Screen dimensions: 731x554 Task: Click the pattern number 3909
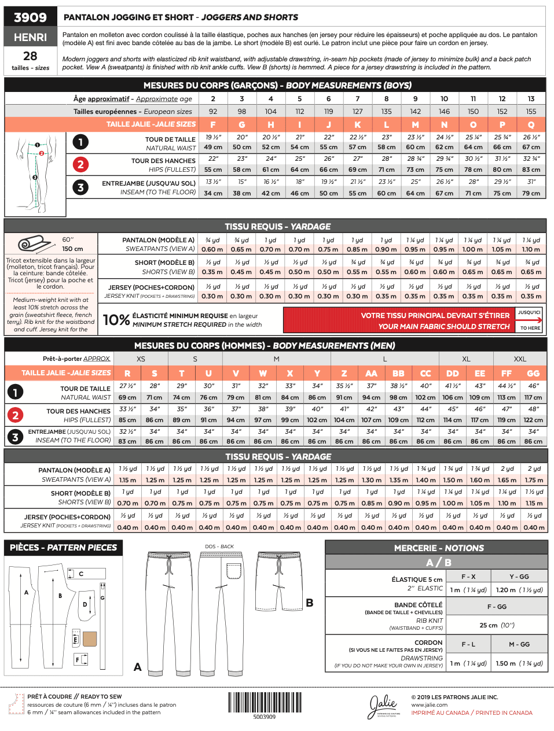(x=30, y=17)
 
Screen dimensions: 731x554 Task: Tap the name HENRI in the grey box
(x=30, y=37)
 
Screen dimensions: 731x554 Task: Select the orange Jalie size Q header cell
(x=531, y=124)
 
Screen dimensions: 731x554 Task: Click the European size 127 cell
(x=357, y=112)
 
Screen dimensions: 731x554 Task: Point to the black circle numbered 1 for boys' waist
(x=80, y=142)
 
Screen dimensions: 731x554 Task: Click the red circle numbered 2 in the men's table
(x=15, y=415)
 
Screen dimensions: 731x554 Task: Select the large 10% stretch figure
(x=116, y=320)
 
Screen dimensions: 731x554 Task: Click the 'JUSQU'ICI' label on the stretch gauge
(x=529, y=313)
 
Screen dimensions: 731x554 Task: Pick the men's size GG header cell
(x=533, y=374)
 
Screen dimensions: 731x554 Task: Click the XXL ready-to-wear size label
(x=520, y=359)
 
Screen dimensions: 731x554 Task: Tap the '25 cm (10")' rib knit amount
(x=497, y=625)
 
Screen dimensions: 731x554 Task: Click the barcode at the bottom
(x=264, y=702)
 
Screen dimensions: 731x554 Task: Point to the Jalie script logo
(x=383, y=705)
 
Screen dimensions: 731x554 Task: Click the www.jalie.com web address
(x=429, y=705)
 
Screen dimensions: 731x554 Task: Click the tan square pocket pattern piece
(x=89, y=638)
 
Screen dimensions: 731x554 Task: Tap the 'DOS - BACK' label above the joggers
(x=219, y=547)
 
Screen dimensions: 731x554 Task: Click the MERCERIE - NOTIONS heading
(x=438, y=548)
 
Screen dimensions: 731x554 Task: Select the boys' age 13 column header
(x=531, y=99)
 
